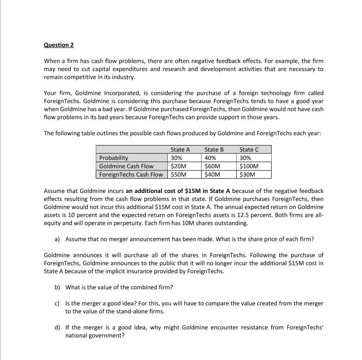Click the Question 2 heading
pos(59,45)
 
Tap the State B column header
pos(214,150)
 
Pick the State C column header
pos(249,150)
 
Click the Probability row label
pos(114,158)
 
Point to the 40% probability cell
pos(210,158)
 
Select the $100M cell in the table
pos(249,166)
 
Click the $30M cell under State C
pos(247,174)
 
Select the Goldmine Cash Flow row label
pos(126,166)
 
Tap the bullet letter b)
pos(57,287)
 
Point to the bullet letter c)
pos(57,303)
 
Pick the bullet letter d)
pos(57,327)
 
